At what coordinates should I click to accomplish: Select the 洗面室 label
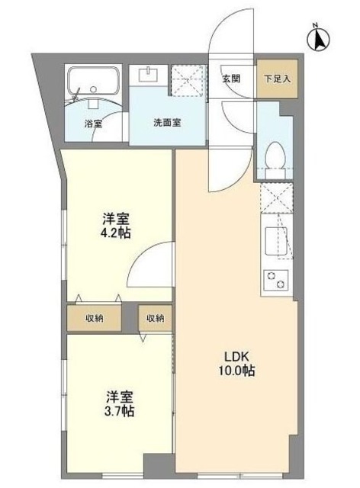tap(166, 123)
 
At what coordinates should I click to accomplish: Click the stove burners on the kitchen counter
tap(275, 280)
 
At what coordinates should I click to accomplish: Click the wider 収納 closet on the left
tap(96, 319)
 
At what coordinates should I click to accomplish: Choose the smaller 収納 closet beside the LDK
tap(155, 319)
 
